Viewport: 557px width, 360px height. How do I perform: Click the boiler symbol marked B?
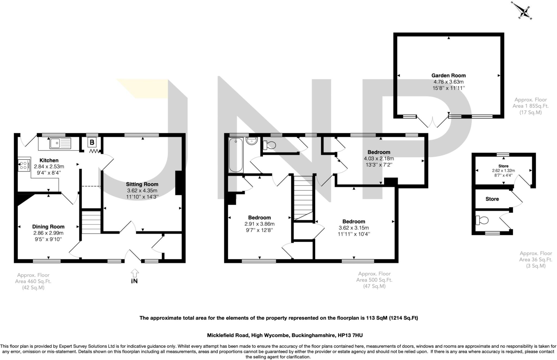(92, 142)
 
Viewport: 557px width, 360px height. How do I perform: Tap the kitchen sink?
(60, 143)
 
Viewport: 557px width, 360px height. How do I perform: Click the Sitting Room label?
(142, 184)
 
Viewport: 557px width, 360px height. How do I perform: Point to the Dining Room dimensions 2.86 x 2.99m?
(48, 233)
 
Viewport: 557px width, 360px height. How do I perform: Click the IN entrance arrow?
(135, 273)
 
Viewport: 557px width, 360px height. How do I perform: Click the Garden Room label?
(448, 76)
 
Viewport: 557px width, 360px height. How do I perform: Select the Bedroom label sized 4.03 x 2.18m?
(379, 152)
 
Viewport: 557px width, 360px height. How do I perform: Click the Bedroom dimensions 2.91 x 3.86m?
(259, 224)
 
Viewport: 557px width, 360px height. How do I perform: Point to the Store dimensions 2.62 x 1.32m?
(503, 171)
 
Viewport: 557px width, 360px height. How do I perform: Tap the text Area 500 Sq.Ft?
(374, 280)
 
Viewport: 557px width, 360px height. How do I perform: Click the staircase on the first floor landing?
(302, 197)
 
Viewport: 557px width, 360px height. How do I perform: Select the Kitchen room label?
(49, 160)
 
